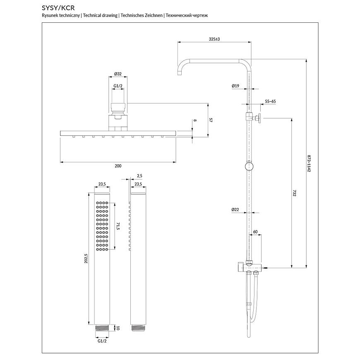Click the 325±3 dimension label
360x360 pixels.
pos(214,38)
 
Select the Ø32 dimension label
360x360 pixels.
pos(118,74)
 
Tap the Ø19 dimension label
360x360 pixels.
pos(235,86)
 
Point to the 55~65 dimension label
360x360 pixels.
pos(270,101)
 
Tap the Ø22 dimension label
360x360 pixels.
pos(235,210)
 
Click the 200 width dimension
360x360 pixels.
pos(118,166)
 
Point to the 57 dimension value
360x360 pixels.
pos(211,120)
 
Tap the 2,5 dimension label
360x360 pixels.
pos(139,176)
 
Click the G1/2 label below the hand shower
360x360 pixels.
pos(101,341)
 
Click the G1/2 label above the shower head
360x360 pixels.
pos(118,86)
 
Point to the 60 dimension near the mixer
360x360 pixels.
pos(255,232)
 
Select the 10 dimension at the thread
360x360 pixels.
pos(118,328)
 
